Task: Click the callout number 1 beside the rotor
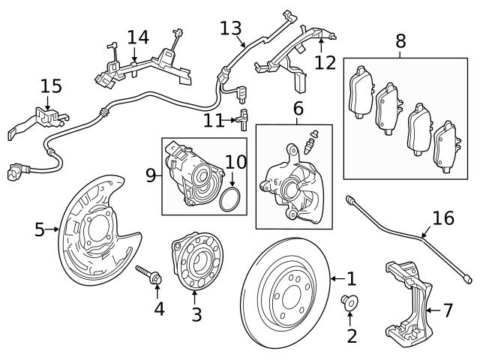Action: click(x=351, y=279)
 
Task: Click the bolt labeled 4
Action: click(x=149, y=274)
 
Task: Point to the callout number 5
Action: click(x=40, y=229)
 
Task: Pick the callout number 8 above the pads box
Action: click(x=401, y=42)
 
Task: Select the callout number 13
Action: click(x=232, y=28)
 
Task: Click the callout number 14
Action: click(x=137, y=37)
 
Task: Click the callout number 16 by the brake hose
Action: click(x=443, y=218)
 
